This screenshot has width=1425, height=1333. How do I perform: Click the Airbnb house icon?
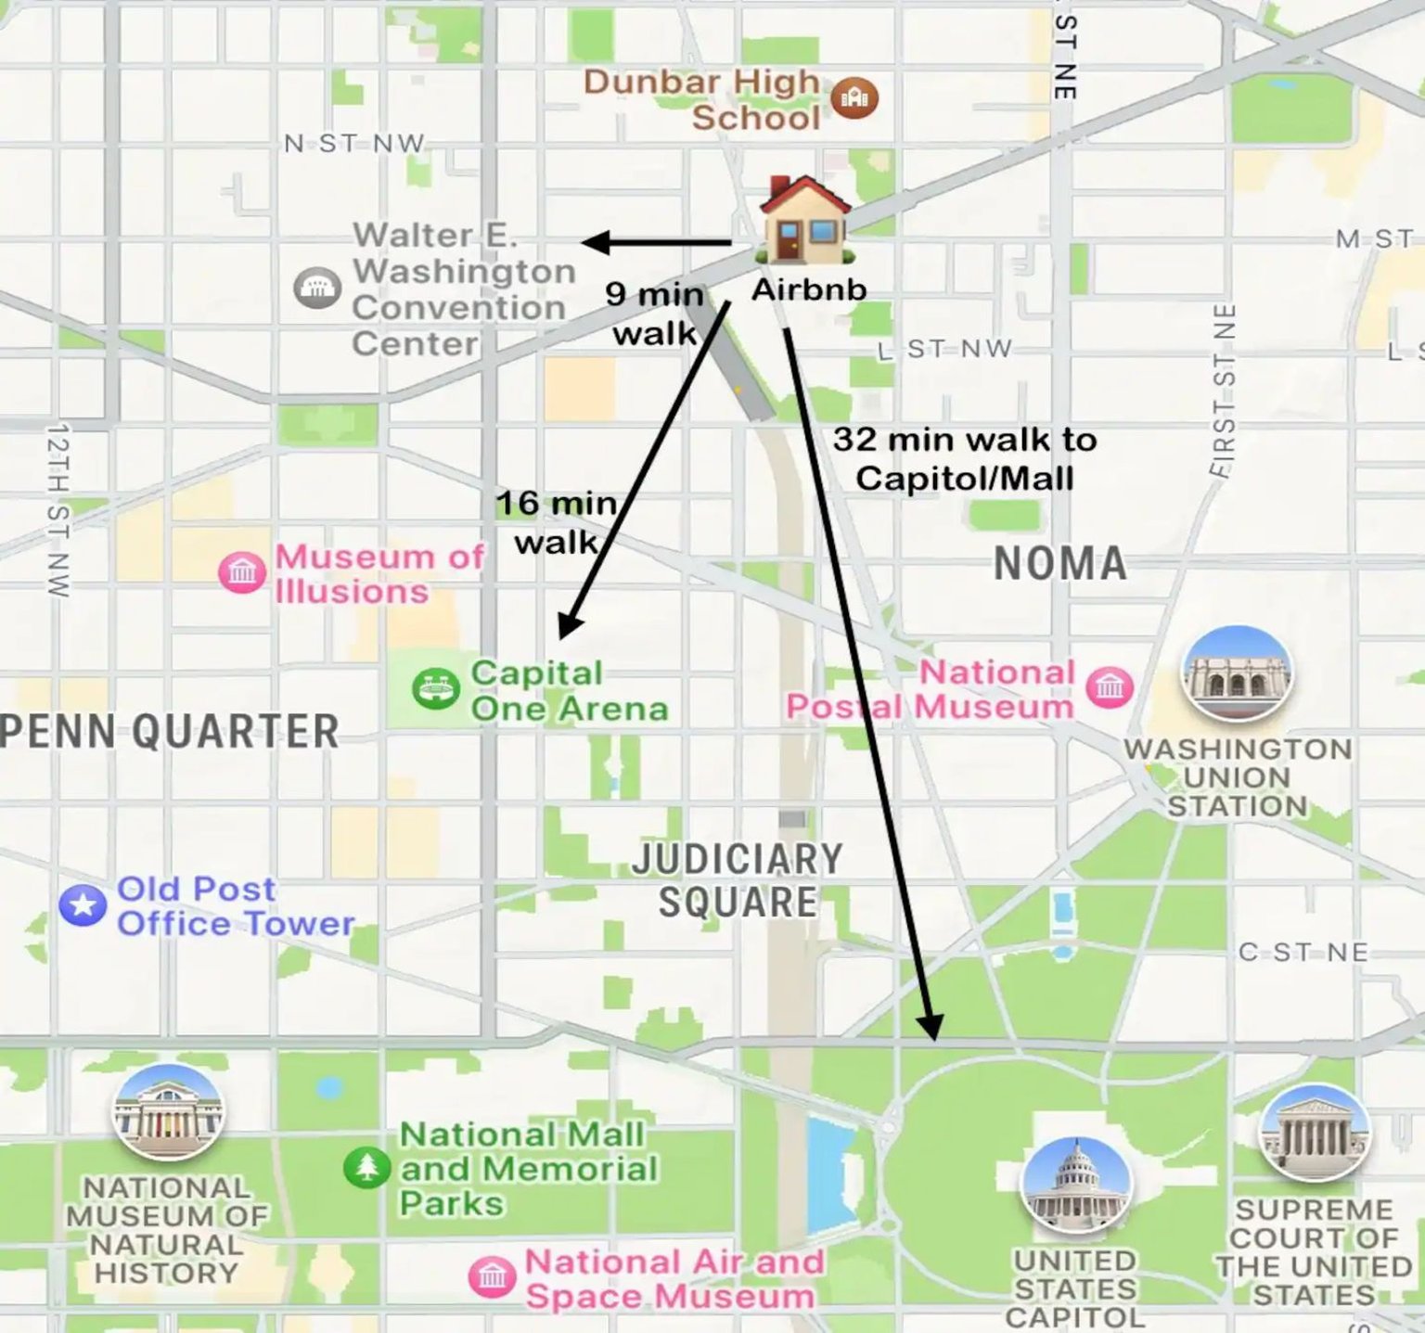click(x=804, y=220)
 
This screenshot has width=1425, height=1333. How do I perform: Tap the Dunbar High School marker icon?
click(x=854, y=97)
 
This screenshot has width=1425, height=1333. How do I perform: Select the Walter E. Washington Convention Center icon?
click(x=317, y=288)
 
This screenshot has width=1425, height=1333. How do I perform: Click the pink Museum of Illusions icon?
click(x=242, y=571)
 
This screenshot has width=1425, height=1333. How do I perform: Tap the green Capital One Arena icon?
click(x=436, y=689)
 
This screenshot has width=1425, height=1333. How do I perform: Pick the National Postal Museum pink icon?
click(x=1110, y=687)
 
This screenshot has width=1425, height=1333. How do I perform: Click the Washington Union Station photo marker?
click(x=1236, y=673)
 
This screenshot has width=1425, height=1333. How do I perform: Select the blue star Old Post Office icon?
click(x=83, y=904)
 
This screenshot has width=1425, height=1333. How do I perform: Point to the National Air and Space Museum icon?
click(x=492, y=1277)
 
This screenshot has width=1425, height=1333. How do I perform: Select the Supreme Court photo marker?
click(x=1314, y=1132)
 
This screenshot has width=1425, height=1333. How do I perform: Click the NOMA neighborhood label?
click(x=1060, y=564)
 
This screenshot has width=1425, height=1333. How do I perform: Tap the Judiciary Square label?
click(x=738, y=880)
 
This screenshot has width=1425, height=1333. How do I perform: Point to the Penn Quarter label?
click(x=170, y=731)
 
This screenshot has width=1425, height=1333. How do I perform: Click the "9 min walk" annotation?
click(x=654, y=313)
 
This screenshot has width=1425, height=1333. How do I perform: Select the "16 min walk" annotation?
click(x=556, y=521)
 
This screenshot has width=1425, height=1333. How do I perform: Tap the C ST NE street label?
click(x=1303, y=953)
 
